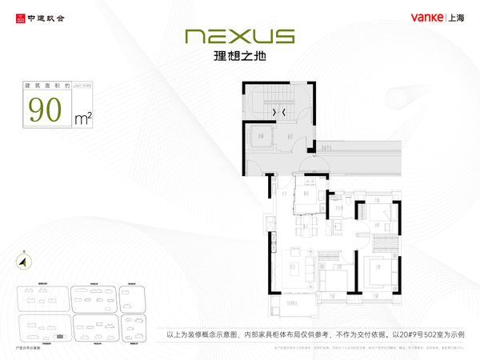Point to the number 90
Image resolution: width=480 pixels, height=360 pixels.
click(x=45, y=110)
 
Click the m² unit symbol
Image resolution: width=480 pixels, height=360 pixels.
click(x=82, y=118)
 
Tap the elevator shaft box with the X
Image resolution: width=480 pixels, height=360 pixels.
click(x=261, y=137)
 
